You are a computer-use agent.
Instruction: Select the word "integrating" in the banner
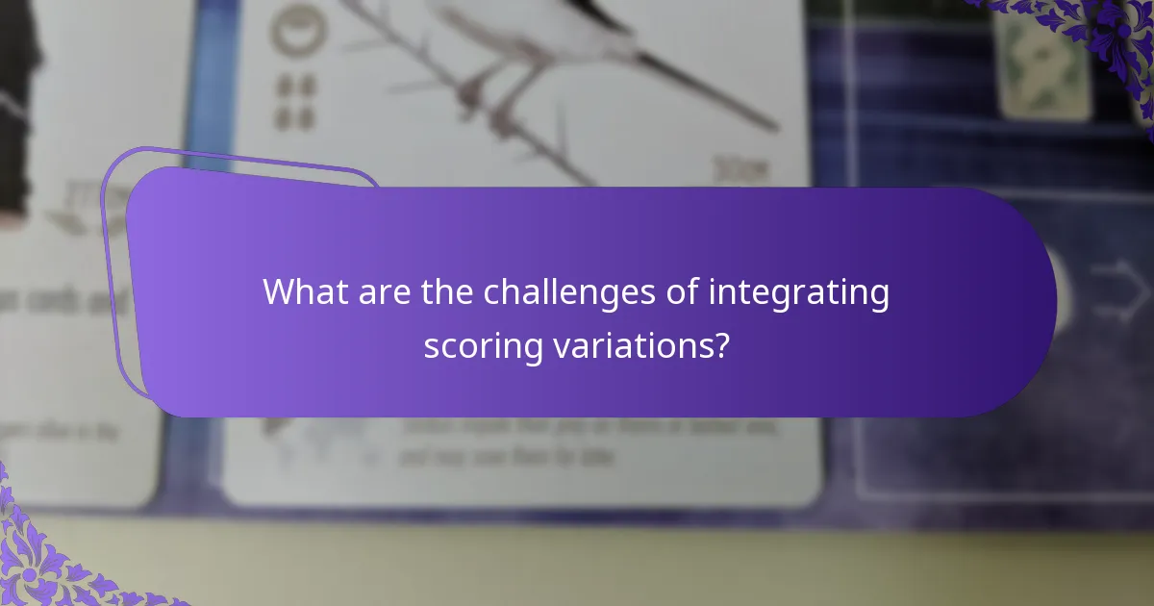coord(799,292)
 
